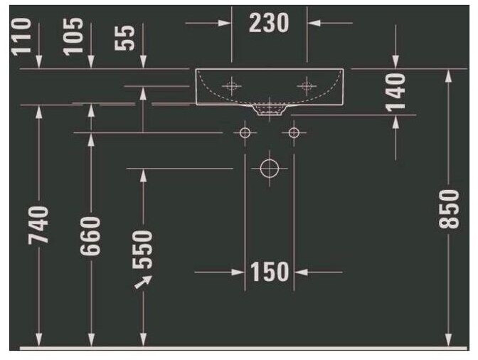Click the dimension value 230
[x=270, y=23]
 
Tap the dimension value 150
[x=270, y=271]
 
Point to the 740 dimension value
[x=40, y=224]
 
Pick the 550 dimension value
[x=144, y=248]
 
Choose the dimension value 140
[x=395, y=91]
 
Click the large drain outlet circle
[x=270, y=169]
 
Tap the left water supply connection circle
[x=245, y=132]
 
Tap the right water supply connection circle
[x=294, y=132]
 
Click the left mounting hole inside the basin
[x=231, y=86]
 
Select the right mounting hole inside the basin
[x=307, y=86]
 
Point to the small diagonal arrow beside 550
[x=144, y=282]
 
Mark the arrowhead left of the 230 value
[x=225, y=23]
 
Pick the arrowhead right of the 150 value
[x=299, y=271]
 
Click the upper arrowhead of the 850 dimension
[x=449, y=75]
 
